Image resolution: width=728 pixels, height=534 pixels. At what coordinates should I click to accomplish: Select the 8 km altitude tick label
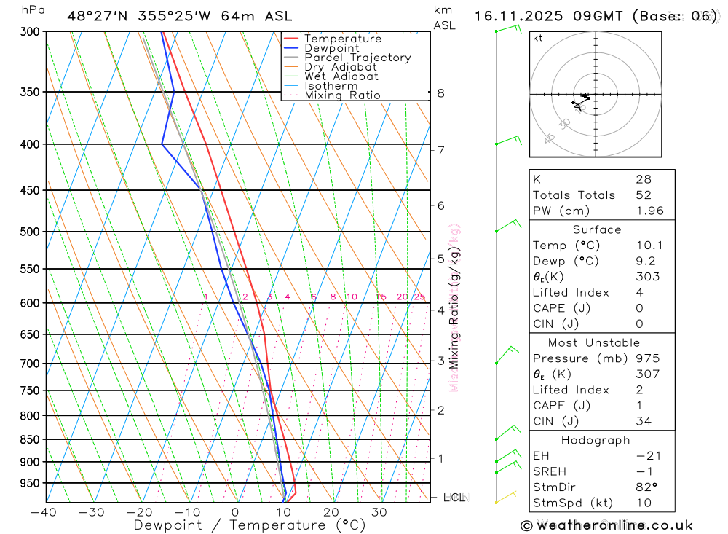tap(440, 93)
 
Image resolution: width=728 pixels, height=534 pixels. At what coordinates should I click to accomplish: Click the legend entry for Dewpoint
tap(332, 48)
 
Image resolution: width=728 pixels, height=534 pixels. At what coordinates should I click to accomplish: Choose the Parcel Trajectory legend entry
tap(357, 58)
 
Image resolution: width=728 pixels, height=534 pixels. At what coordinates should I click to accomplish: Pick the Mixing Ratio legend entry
tap(342, 95)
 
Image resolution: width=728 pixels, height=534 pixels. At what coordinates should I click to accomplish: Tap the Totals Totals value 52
tap(643, 195)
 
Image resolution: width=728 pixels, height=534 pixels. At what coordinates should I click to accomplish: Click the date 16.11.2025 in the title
tap(519, 16)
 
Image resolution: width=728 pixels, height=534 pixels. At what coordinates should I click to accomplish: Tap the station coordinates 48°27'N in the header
tap(95, 16)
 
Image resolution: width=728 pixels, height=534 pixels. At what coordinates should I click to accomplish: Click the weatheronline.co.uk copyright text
tap(606, 525)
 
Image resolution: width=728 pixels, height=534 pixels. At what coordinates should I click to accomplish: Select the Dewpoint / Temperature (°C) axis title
tap(249, 525)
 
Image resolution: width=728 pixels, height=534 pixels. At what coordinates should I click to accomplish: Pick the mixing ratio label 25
tap(419, 297)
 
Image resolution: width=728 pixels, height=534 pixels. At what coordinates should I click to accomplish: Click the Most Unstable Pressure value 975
tap(647, 358)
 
